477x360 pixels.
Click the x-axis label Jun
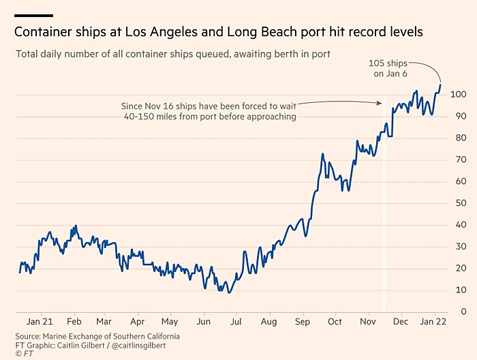point(203,322)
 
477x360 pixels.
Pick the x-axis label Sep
point(302,322)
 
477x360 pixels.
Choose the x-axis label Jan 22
point(433,322)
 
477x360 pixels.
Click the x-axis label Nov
point(368,322)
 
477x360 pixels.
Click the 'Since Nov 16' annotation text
point(209,111)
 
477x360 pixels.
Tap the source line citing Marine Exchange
point(97,336)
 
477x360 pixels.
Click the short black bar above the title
point(33,15)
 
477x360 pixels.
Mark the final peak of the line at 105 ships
point(440,85)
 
